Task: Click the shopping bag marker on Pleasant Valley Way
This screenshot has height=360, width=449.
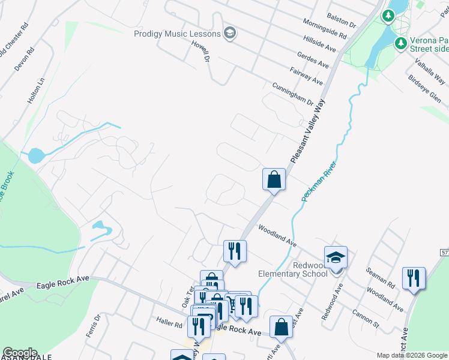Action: point(274,179)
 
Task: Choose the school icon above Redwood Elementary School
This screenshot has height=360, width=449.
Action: point(336,258)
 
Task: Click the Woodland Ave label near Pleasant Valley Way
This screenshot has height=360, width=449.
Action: point(277,236)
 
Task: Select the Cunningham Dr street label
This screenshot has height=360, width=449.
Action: point(293,94)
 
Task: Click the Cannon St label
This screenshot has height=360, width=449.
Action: point(366,320)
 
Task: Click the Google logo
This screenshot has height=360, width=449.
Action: point(19,353)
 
